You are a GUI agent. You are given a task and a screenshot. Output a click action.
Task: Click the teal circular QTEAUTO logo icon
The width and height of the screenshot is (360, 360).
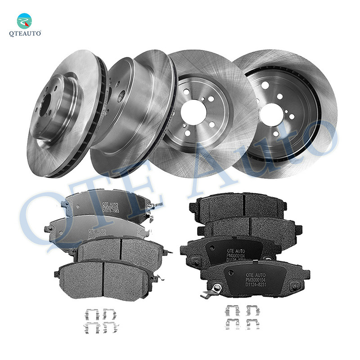pyautogui.click(x=24, y=21)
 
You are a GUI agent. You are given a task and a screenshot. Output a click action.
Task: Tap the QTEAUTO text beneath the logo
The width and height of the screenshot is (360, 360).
pyautogui.click(x=25, y=34)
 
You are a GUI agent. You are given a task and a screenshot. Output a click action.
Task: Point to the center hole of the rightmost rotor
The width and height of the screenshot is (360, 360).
pyautogui.click(x=271, y=112)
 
